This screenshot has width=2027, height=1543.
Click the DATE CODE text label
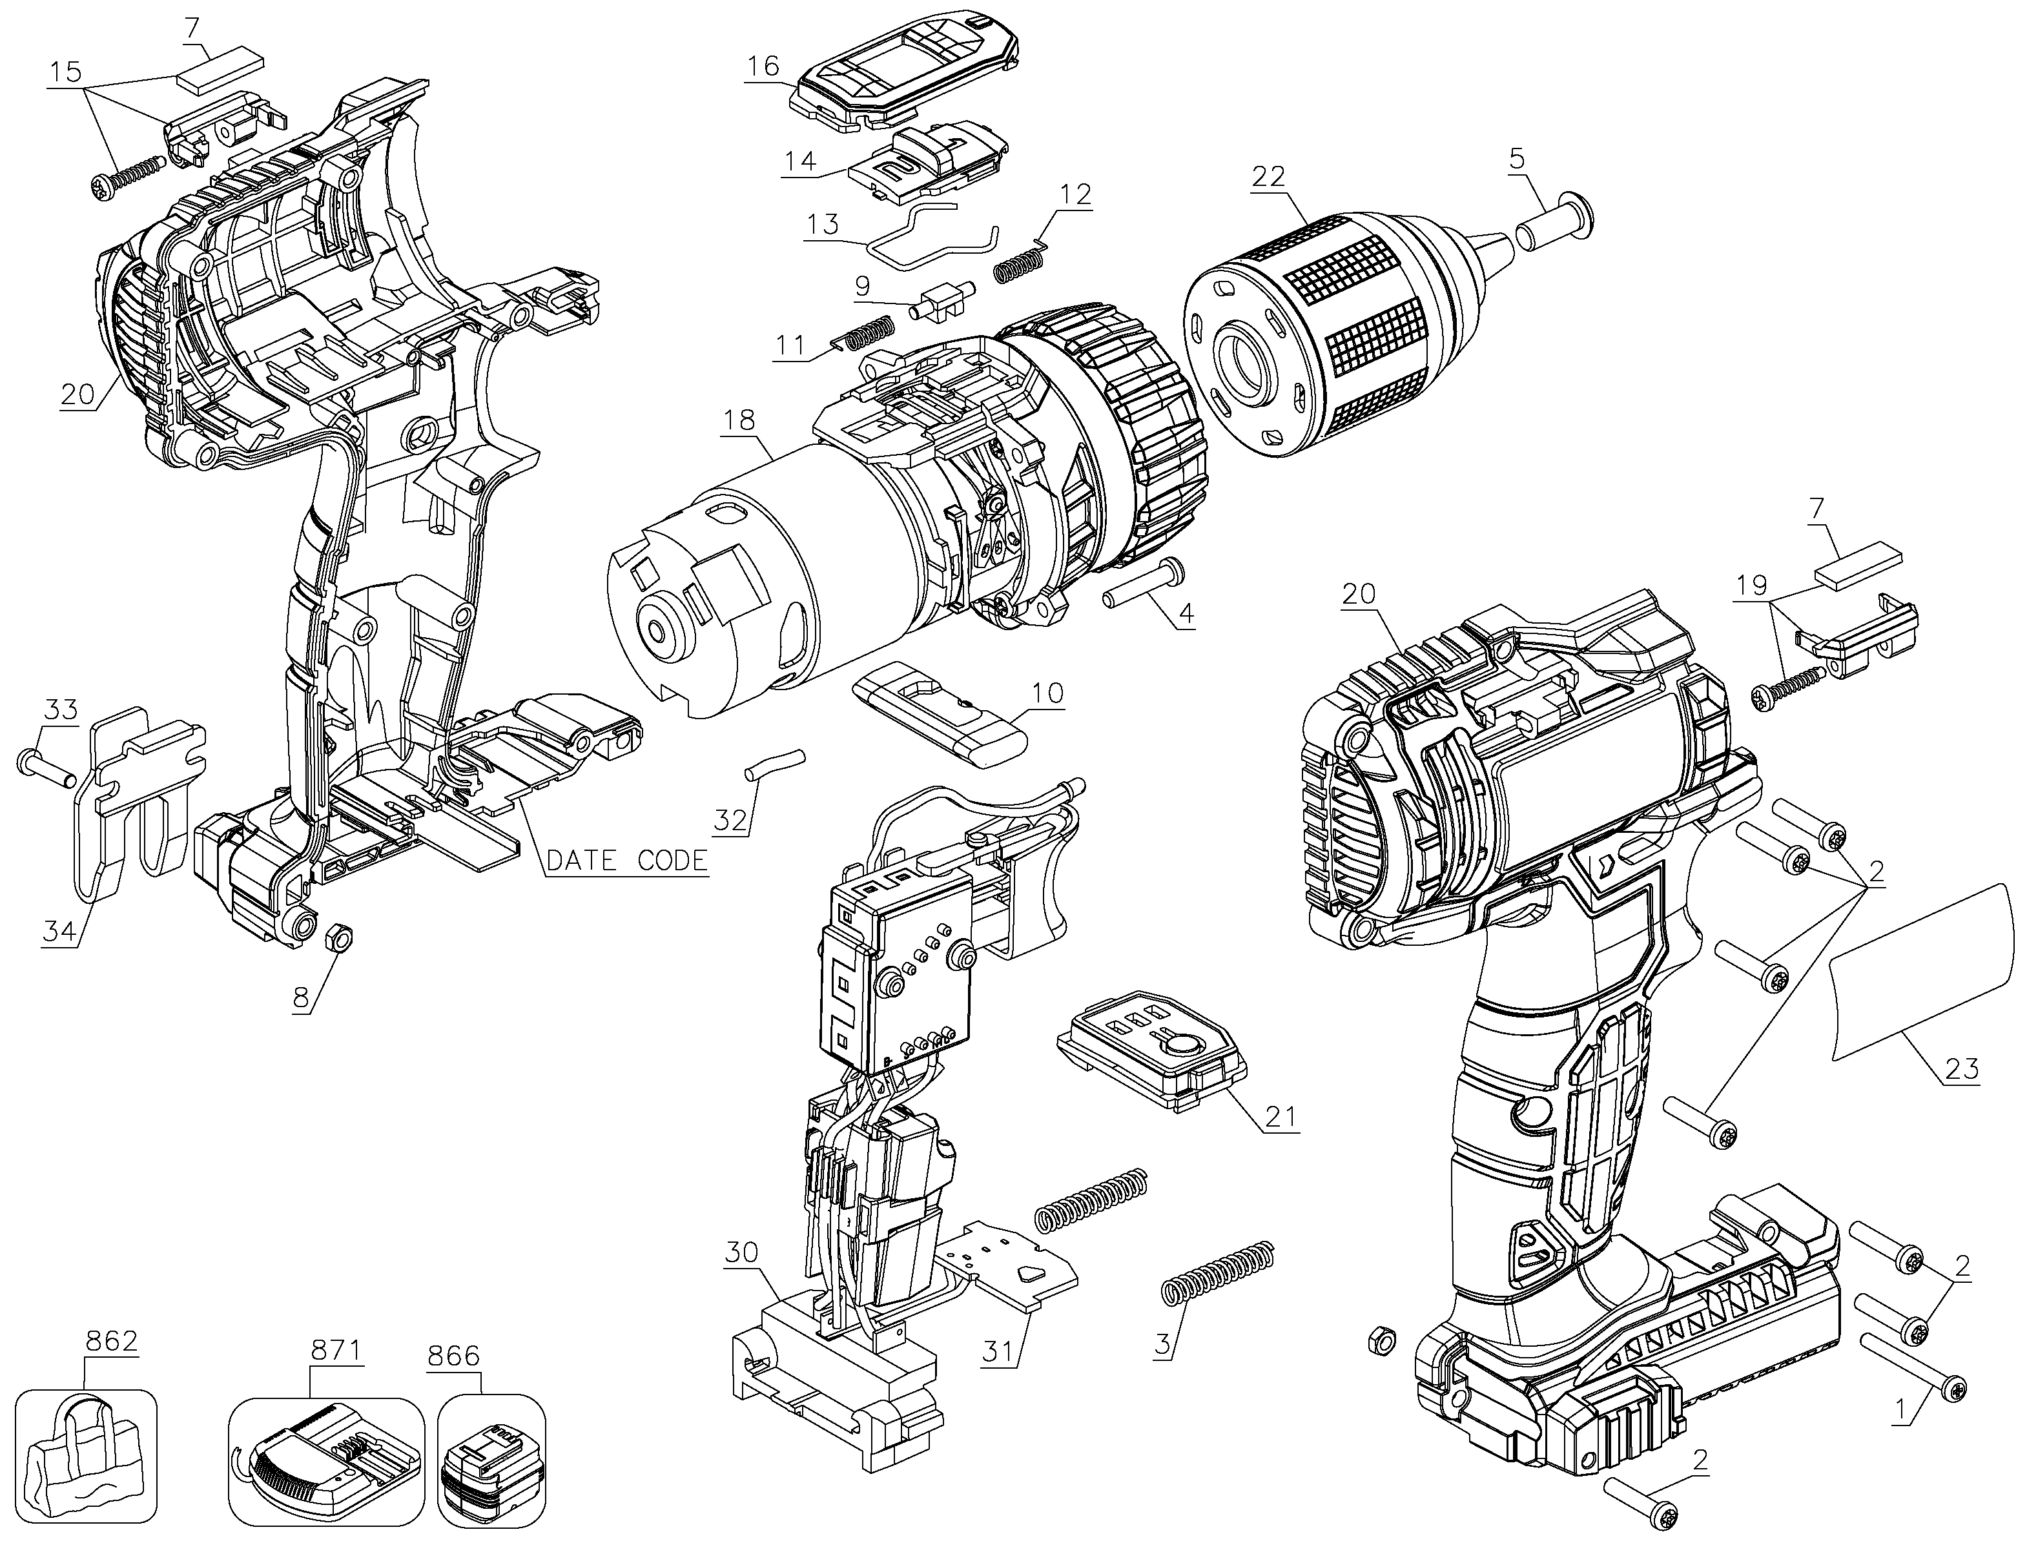pyautogui.click(x=627, y=861)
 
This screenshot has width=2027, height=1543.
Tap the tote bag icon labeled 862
pyautogui.click(x=85, y=1456)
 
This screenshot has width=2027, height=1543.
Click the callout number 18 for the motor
pyautogui.click(x=739, y=421)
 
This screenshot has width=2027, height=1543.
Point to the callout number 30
pyautogui.click(x=741, y=1252)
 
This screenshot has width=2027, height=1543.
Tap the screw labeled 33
pyautogui.click(x=46, y=768)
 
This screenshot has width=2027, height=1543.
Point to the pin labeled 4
pyautogui.click(x=1144, y=584)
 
